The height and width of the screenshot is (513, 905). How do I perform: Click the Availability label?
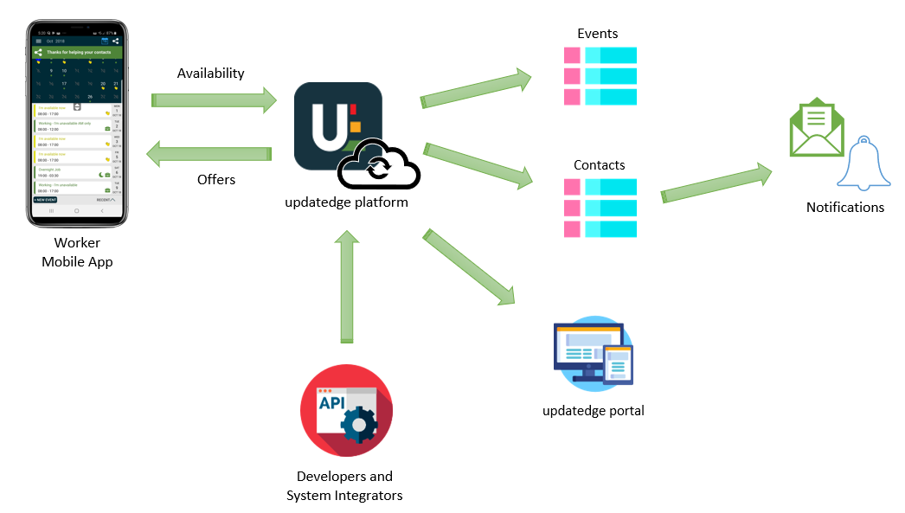[x=210, y=74]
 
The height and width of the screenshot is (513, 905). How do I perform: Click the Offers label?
[x=216, y=179]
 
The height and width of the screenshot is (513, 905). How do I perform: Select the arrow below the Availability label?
[x=214, y=100]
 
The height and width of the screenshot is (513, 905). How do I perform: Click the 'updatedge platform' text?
[x=346, y=202]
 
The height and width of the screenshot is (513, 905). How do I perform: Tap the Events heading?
[x=598, y=34]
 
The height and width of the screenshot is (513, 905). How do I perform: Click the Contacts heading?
[x=599, y=164]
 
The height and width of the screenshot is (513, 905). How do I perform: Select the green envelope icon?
[x=816, y=130]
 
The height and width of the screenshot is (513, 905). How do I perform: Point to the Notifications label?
[x=844, y=208]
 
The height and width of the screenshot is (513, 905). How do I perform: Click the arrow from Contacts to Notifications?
[x=716, y=183]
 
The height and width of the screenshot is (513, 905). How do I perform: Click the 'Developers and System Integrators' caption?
[x=344, y=486]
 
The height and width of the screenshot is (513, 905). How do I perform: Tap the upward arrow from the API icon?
[x=347, y=285]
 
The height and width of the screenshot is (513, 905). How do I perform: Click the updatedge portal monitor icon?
[x=593, y=354]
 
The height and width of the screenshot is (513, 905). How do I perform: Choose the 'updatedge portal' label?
[x=593, y=411]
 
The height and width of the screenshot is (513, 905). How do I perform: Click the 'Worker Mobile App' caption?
[x=77, y=253]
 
